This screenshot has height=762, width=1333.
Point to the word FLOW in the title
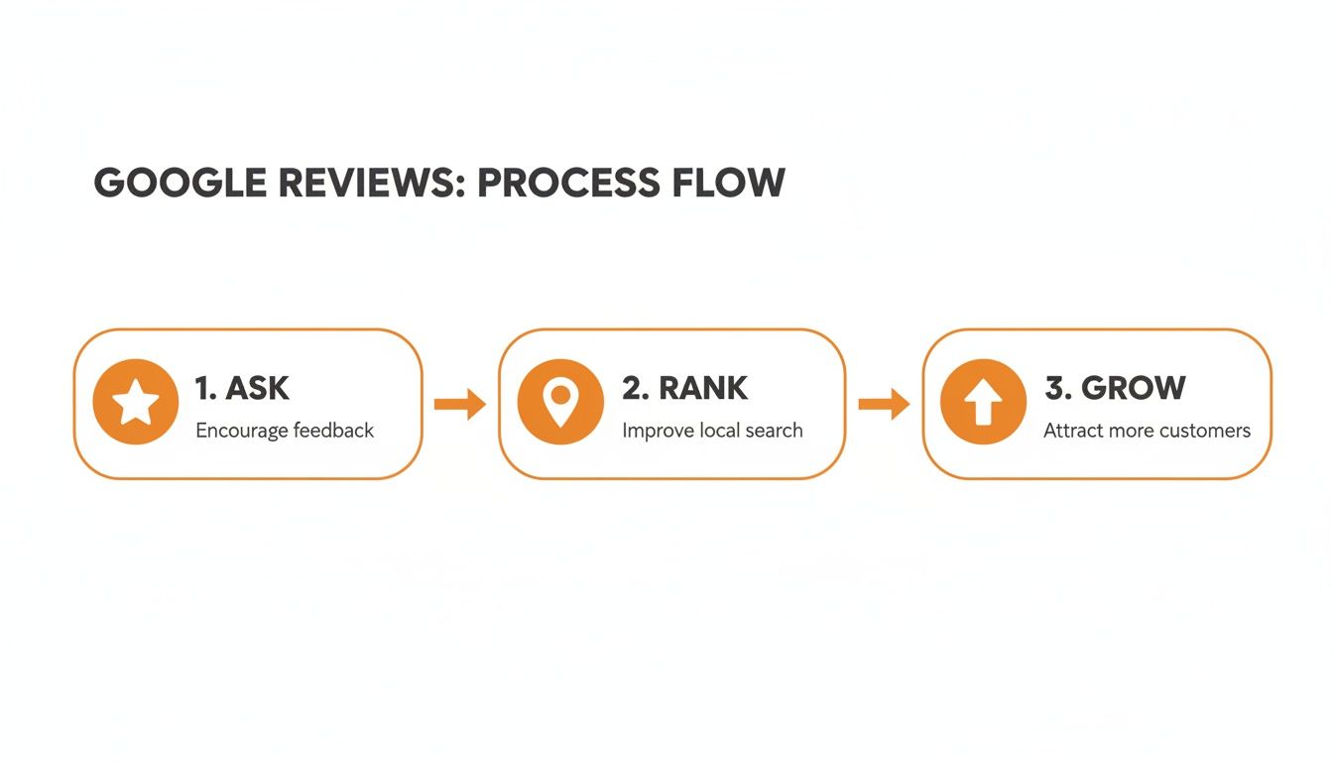735,184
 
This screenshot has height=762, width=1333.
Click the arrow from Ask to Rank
460,404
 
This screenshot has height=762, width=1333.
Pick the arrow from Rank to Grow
884,404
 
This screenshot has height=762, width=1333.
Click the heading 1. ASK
242,388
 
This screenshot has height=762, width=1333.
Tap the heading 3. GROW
1115,388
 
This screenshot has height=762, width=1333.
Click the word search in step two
773,431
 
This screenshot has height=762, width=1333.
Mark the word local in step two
715,431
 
